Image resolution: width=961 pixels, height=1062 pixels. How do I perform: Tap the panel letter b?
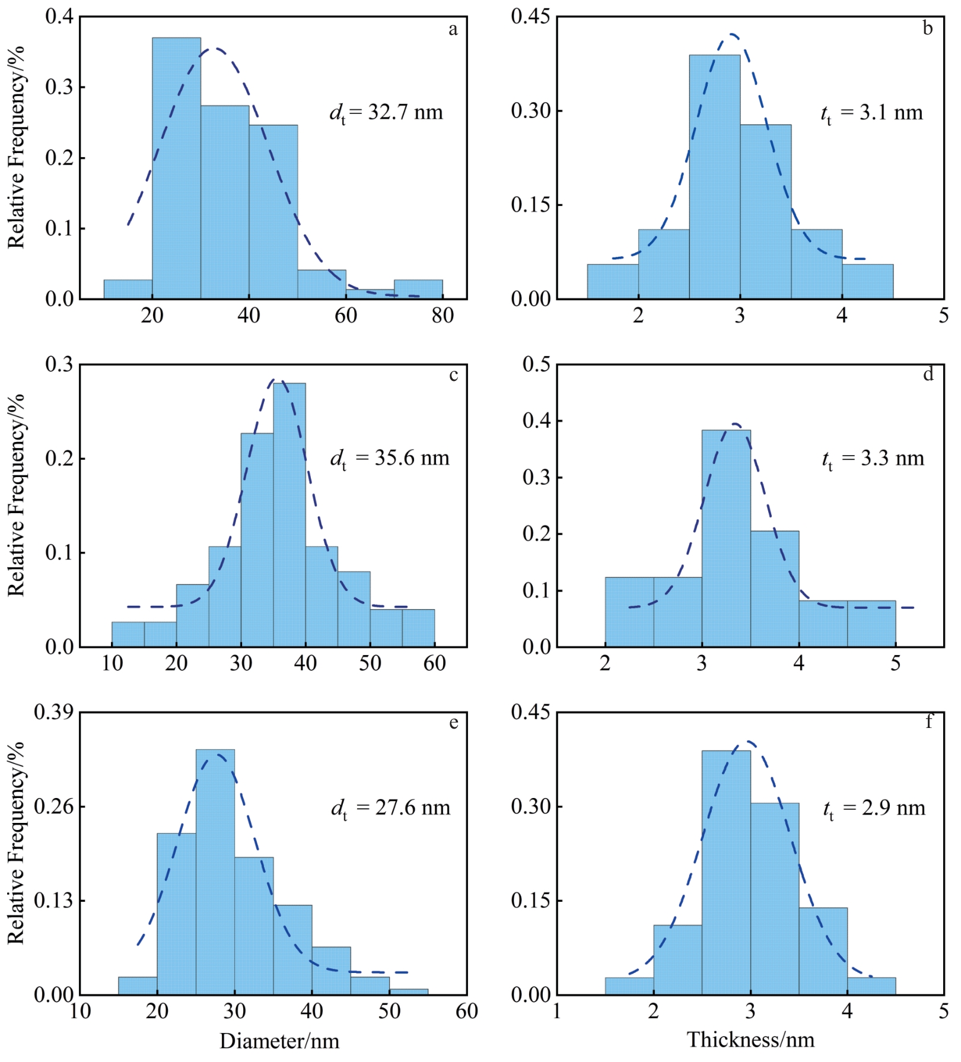[928, 28]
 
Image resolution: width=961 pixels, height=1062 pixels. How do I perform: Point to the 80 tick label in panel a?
[443, 315]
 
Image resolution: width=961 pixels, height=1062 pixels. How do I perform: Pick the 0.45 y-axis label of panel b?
[530, 17]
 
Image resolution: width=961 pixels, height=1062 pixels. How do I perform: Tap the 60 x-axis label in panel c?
[434, 663]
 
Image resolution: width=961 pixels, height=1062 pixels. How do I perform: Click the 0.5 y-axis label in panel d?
[536, 364]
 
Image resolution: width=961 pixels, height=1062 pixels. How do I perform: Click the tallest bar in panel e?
[215, 872]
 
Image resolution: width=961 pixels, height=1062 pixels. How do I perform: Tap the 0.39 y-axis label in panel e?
[53, 711]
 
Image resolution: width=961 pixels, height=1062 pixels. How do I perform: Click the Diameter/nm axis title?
[279, 1041]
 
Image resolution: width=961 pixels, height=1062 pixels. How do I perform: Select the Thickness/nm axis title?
[750, 1039]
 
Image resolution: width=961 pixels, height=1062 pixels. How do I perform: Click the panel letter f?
[928, 721]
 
